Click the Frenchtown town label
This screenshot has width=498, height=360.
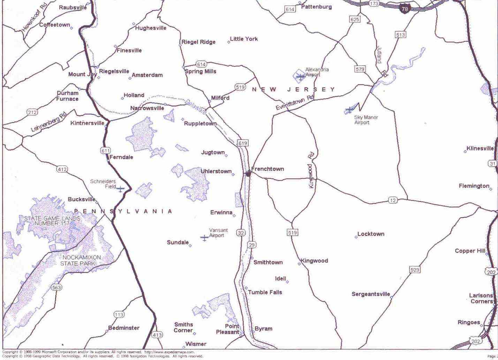[x=267, y=169]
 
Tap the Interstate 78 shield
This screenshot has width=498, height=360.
[x=405, y=9]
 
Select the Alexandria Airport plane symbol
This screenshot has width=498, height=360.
[x=300, y=76]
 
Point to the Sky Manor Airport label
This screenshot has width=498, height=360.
[x=366, y=120]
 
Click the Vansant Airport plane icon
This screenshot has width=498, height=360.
[x=204, y=238]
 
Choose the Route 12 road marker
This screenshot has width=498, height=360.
[x=393, y=200]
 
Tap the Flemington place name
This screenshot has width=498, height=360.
[x=474, y=186]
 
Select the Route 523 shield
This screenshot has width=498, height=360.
[x=415, y=270]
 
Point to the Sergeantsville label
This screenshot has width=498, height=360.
[x=371, y=294]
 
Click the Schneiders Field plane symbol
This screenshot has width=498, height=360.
[x=120, y=189]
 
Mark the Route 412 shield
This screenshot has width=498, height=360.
[x=62, y=170]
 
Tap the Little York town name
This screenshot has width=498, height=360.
[x=244, y=39]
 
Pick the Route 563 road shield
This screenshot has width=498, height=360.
[x=56, y=287]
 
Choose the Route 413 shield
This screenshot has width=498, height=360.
[x=157, y=335]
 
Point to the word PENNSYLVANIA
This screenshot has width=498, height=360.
[x=123, y=211]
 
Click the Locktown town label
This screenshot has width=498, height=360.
[x=371, y=234]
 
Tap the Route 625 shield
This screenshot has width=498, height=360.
[x=354, y=20]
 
